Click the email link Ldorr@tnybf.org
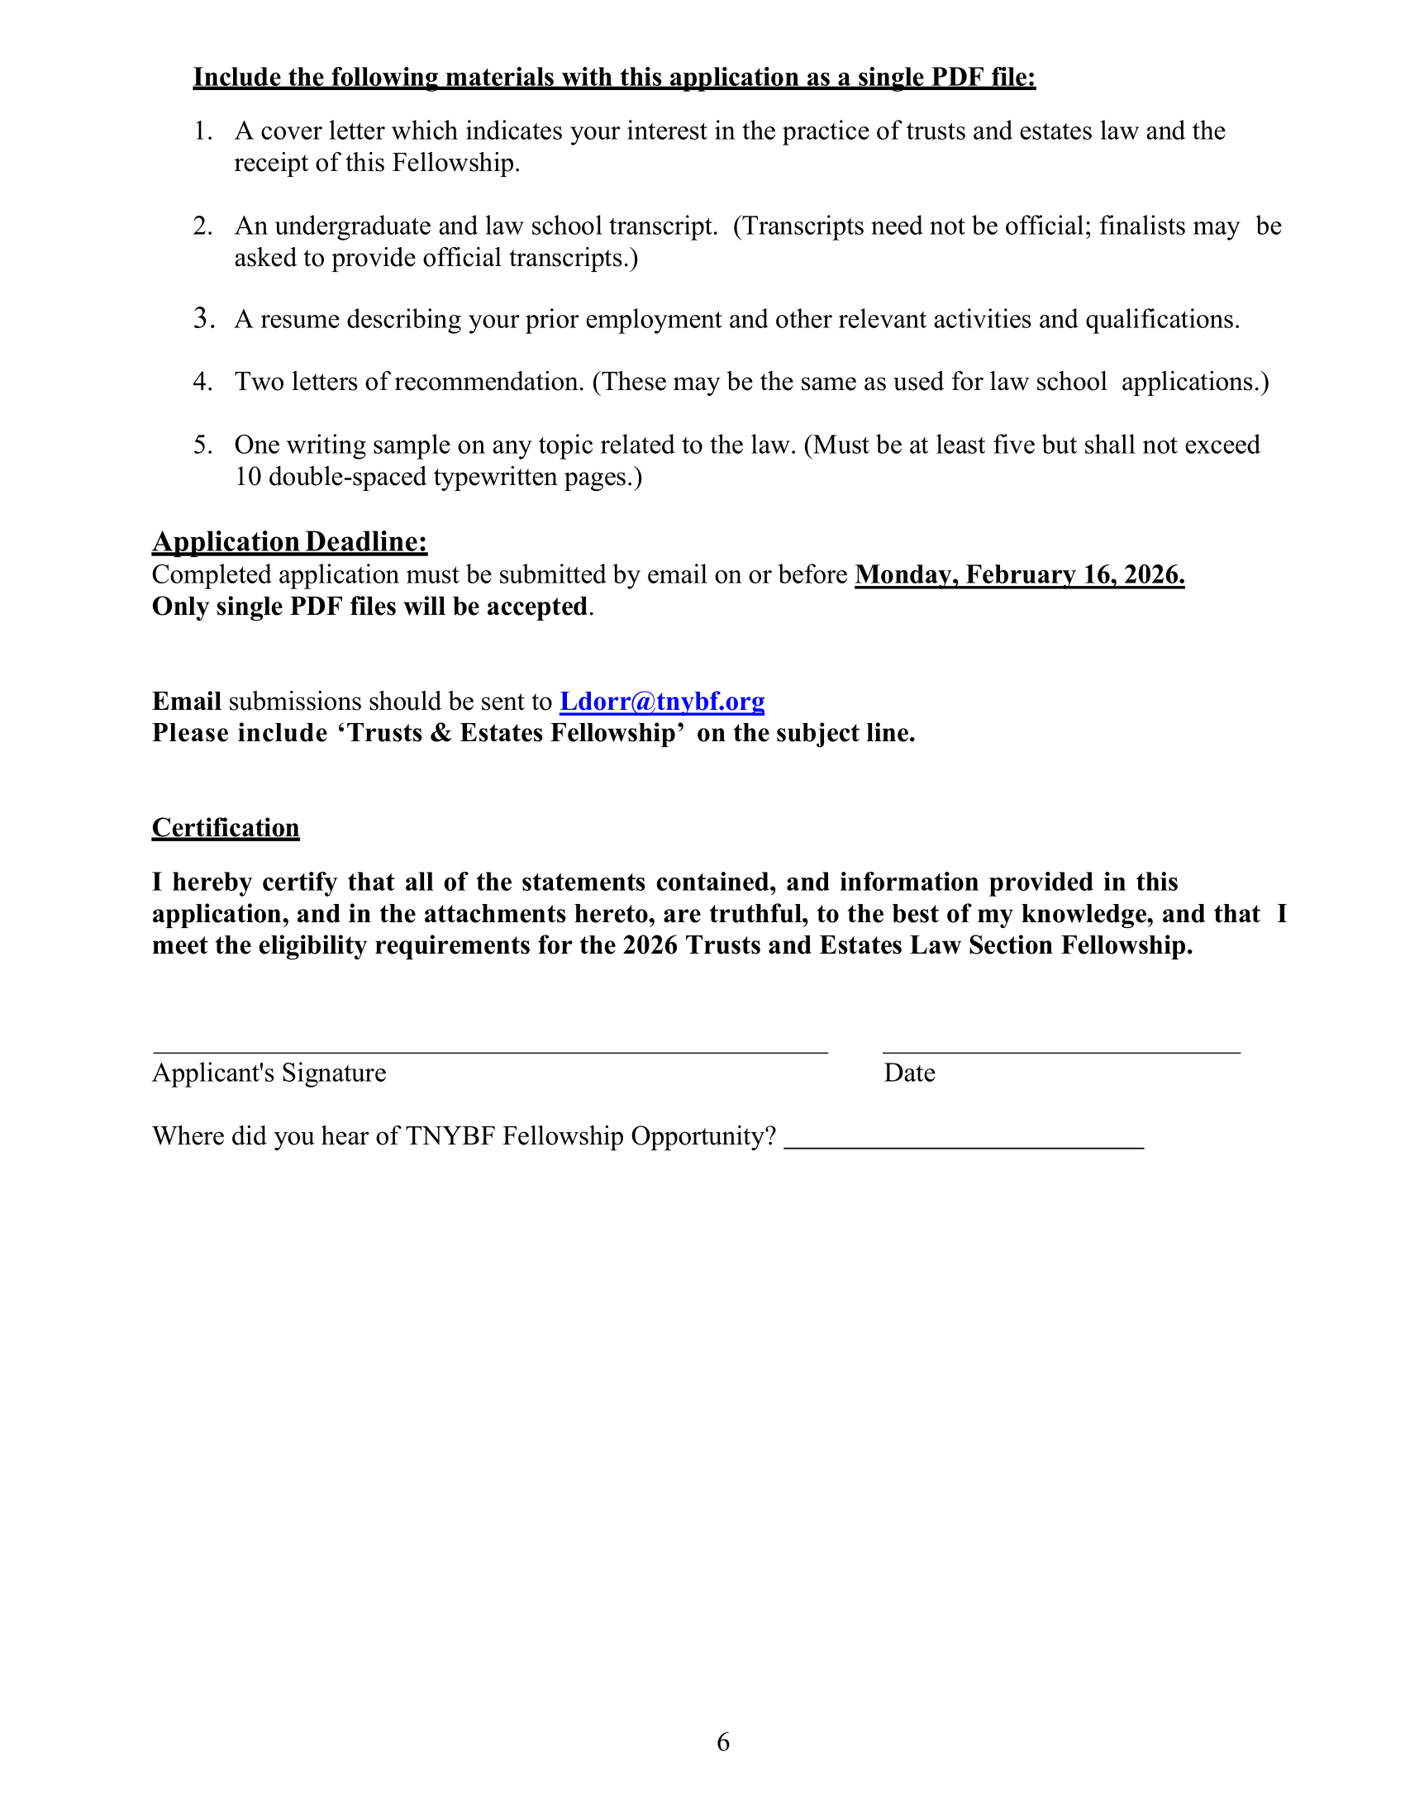tap(662, 702)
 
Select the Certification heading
tap(226, 827)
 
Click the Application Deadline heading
tap(289, 542)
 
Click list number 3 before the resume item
tap(203, 319)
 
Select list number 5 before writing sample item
tap(203, 445)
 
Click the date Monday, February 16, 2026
tap(1020, 575)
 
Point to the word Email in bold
tap(187, 702)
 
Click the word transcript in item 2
tap(663, 226)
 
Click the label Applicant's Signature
tap(269, 1073)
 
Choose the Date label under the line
tap(909, 1073)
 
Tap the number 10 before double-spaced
tap(248, 477)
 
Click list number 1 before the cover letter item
tap(203, 131)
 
